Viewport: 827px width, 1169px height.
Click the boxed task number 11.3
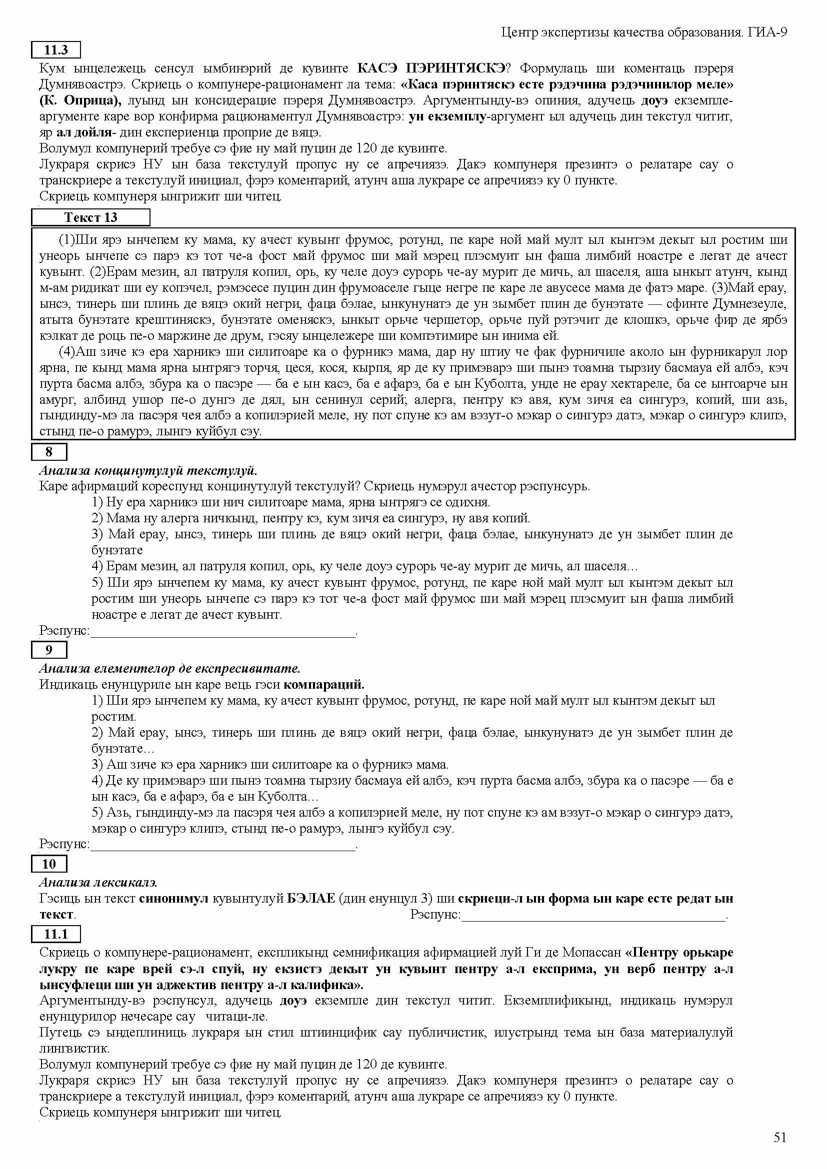click(x=56, y=50)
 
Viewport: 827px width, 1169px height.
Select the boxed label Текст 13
click(x=90, y=217)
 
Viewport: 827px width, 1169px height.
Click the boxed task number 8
click(x=49, y=452)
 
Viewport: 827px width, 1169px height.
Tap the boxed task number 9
click(x=49, y=650)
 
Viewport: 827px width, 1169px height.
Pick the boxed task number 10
click(x=49, y=864)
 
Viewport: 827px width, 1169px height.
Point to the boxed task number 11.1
click(x=56, y=934)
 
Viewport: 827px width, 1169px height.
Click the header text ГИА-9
click(x=768, y=32)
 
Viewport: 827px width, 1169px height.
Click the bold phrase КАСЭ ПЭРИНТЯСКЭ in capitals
click(x=431, y=67)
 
